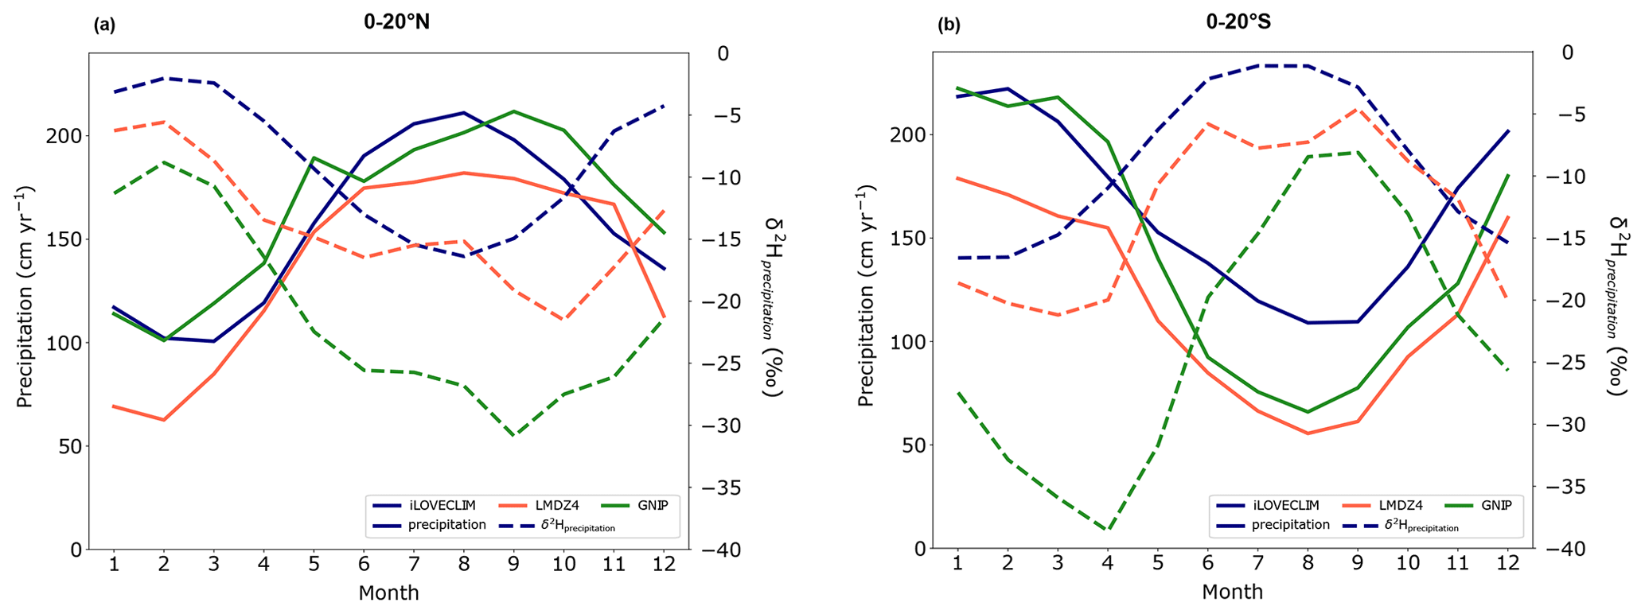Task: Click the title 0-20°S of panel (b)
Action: pos(1238,23)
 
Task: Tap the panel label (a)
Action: pos(104,25)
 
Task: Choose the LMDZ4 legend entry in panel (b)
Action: pos(1383,505)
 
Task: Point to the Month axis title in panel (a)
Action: pos(388,593)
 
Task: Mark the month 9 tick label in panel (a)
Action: pos(513,564)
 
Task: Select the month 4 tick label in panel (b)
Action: pos(1107,564)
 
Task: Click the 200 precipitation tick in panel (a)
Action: pos(67,135)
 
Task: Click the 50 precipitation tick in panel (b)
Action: pos(915,445)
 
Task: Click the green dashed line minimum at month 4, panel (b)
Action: pos(1107,529)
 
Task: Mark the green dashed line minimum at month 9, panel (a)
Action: pos(513,436)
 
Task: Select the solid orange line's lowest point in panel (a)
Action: pos(163,420)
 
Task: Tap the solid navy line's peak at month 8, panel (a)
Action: pos(463,112)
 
